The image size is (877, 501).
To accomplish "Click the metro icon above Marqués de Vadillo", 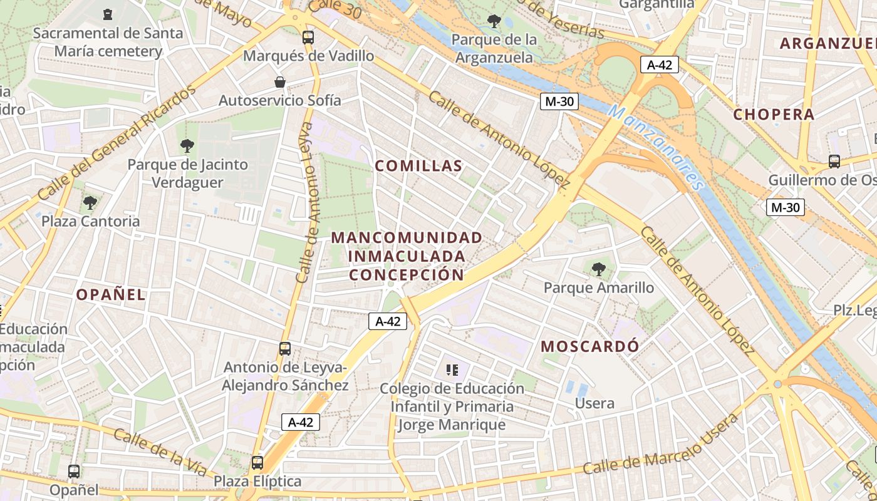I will pos(308,37).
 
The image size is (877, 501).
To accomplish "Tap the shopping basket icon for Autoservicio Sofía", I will pos(280,82).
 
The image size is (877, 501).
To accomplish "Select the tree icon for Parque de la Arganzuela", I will pos(494,21).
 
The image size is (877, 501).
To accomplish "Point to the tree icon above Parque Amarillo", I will pos(598,269).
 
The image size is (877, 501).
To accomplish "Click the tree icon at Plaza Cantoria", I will pos(90,203).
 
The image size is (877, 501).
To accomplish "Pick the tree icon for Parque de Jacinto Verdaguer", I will pos(187,147).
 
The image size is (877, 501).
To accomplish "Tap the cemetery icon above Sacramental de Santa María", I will pos(108,14).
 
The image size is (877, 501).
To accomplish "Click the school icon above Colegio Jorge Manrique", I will pos(452,370).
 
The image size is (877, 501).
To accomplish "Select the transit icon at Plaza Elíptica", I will pos(257,463).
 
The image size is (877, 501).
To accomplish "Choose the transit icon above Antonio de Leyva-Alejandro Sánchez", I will pos(285,349).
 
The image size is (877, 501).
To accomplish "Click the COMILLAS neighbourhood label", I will pos(418,166).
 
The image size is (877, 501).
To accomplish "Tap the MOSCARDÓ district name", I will pos(590,346).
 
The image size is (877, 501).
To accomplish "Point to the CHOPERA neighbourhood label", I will pos(774,115).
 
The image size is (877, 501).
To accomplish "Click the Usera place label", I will pos(594,403).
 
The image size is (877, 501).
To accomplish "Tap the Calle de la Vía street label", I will pos(160,452).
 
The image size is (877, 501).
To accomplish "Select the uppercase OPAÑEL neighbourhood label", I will pos(111,295).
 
